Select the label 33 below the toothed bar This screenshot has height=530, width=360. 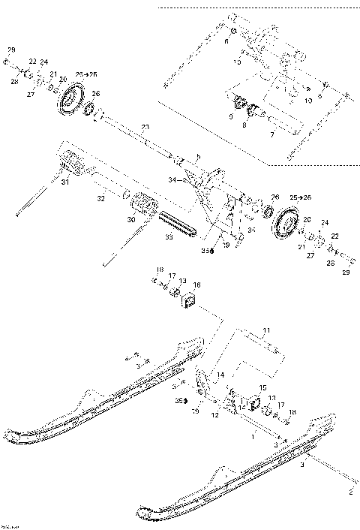pos(169,236)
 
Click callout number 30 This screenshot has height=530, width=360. pos(131,220)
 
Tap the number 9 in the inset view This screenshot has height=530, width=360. pos(231,116)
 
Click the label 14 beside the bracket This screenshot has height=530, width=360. pos(220,374)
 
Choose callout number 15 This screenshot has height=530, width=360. pos(262,387)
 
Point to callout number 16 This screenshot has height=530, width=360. pos(197,285)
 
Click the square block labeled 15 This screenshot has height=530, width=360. pos(247,404)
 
